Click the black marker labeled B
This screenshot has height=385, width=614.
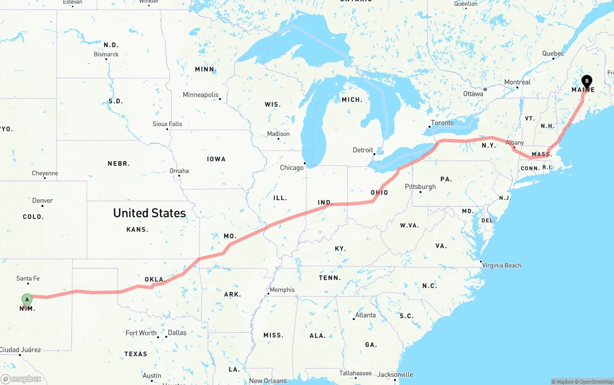[x=587, y=82]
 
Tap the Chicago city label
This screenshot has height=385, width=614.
[x=292, y=167]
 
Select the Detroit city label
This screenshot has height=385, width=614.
[x=363, y=150]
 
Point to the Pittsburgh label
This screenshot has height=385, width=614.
[x=420, y=187]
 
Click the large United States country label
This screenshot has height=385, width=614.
[x=149, y=213]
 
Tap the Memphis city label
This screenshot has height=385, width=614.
[x=282, y=290]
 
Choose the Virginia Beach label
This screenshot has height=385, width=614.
[x=501, y=265]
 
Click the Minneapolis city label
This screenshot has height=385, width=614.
[x=201, y=95]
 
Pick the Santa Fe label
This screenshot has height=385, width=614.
[x=28, y=278]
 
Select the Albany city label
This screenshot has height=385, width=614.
[x=514, y=142]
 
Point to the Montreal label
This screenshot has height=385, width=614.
[x=517, y=82]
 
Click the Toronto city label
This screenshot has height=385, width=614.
[x=442, y=123]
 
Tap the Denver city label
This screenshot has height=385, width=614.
[x=42, y=200]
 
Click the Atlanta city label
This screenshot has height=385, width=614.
[x=366, y=315]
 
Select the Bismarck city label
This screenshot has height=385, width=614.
[x=106, y=54]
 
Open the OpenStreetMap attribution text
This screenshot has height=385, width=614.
[x=595, y=382]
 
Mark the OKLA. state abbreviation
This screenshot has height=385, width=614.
[x=155, y=279]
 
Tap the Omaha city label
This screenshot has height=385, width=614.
[x=179, y=171]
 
